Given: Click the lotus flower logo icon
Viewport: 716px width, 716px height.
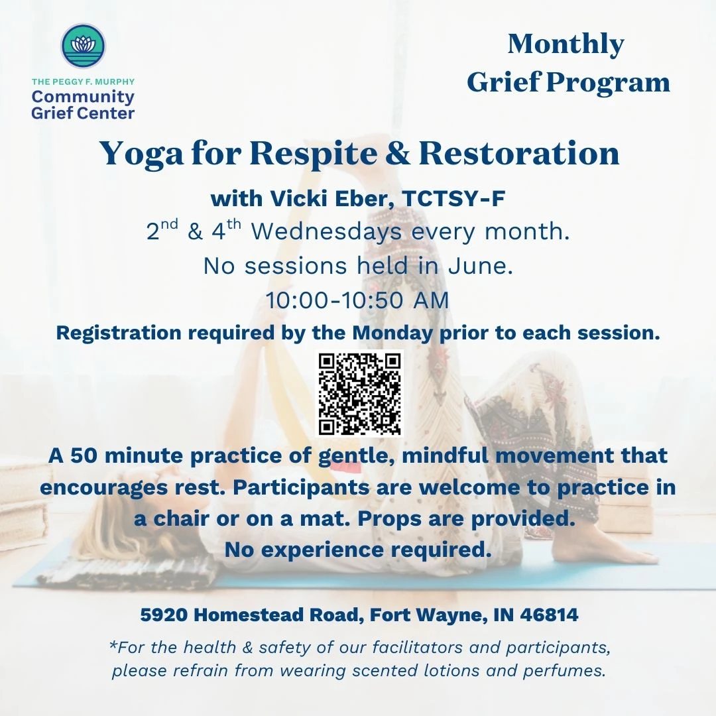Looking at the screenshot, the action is click(x=83, y=46).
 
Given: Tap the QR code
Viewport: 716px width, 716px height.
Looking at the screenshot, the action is click(x=359, y=393).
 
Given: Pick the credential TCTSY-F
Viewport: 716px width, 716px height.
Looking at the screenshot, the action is click(x=453, y=199).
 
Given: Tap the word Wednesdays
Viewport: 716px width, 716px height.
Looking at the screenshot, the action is click(x=326, y=231).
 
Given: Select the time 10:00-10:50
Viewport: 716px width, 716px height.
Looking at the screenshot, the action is click(x=334, y=300).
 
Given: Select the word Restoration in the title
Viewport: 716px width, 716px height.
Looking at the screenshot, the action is click(x=519, y=153).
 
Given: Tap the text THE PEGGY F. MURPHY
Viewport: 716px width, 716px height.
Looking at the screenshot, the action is click(x=83, y=82).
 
